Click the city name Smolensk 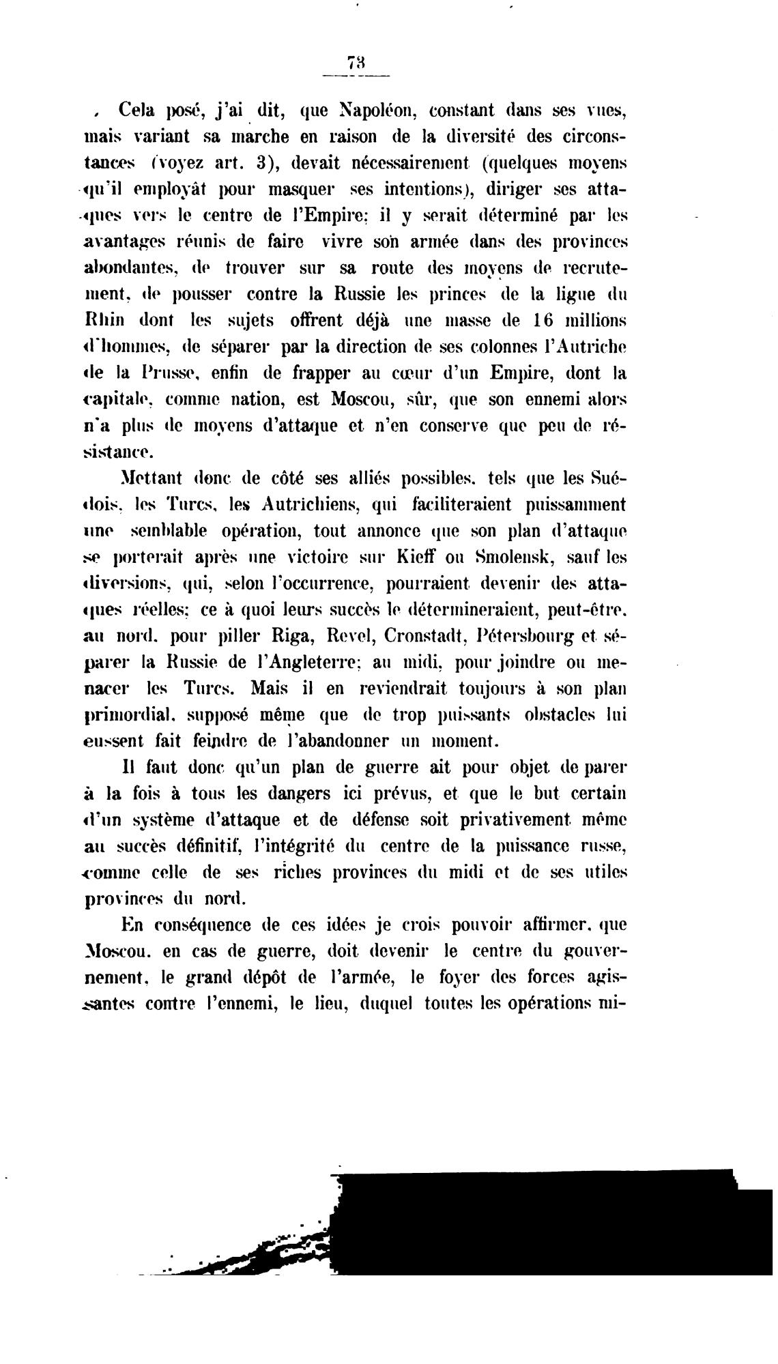(x=510, y=557)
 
